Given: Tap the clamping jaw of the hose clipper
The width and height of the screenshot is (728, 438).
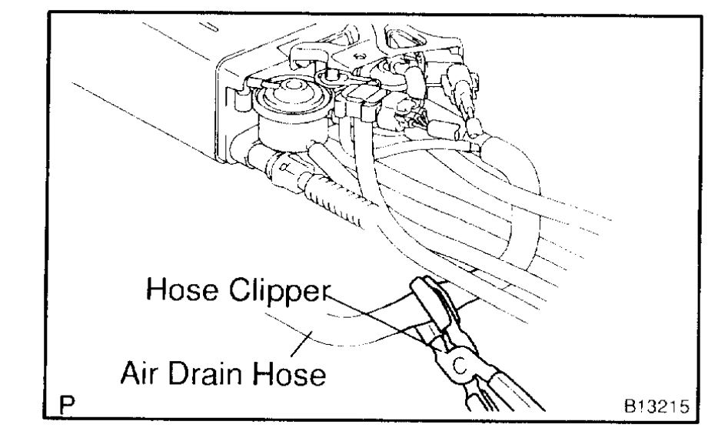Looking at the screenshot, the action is (427, 293).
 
